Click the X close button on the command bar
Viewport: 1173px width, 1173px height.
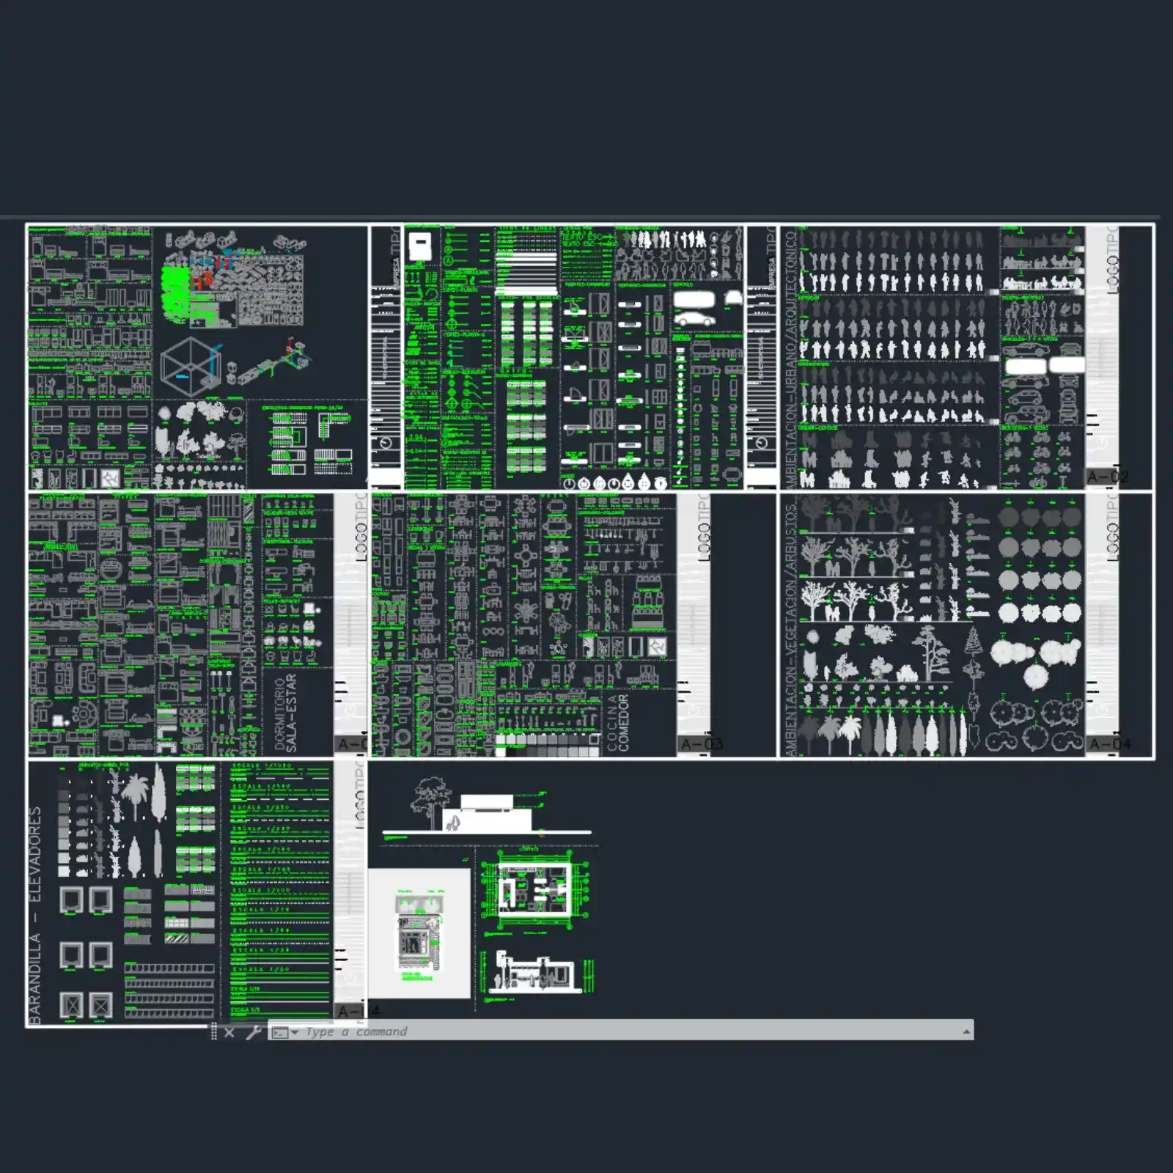(x=229, y=1032)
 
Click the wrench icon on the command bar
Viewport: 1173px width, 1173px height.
(x=253, y=1032)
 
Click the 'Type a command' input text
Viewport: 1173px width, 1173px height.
(x=356, y=1032)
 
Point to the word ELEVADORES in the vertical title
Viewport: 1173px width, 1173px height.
(x=35, y=855)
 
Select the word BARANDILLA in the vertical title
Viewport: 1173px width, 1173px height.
(x=35, y=978)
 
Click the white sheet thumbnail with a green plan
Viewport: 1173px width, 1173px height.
(x=419, y=933)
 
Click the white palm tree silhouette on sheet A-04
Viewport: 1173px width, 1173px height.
(x=850, y=733)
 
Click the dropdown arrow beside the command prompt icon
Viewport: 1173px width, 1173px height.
(x=295, y=1032)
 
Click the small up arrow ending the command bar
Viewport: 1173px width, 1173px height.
(x=966, y=1032)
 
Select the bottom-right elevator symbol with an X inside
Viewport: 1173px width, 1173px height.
(x=100, y=1004)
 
